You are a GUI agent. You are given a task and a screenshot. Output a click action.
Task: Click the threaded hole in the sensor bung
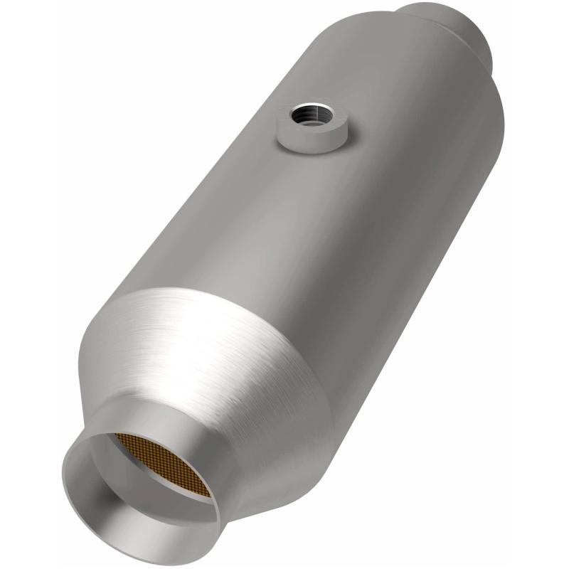click(310, 114)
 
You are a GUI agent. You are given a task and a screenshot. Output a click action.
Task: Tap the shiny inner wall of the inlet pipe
click(100, 498)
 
